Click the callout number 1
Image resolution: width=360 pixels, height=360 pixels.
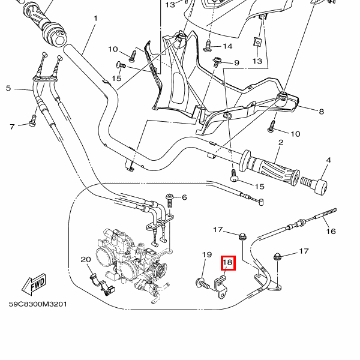tap(95, 19)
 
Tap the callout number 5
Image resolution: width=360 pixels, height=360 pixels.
tap(8, 89)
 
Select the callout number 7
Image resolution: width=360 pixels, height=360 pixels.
tap(11, 126)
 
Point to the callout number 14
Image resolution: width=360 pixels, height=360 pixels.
tap(227, 46)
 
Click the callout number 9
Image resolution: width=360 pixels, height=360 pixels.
tap(236, 62)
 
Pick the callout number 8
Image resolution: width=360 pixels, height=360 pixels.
tap(321, 112)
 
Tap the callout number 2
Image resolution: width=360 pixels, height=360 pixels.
tap(280, 142)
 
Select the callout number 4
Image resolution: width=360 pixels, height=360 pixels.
tap(328, 160)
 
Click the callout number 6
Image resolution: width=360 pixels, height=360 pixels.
tap(184, 197)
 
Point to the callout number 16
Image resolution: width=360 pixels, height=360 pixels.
tap(331, 231)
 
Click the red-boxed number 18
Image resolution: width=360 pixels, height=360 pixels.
tap(227, 262)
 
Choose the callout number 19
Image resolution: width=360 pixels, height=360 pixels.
tap(206, 255)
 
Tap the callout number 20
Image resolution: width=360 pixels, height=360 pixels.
tap(85, 260)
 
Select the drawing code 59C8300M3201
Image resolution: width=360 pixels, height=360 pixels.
tap(38, 304)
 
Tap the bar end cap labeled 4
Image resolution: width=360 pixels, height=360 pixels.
tap(316, 185)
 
